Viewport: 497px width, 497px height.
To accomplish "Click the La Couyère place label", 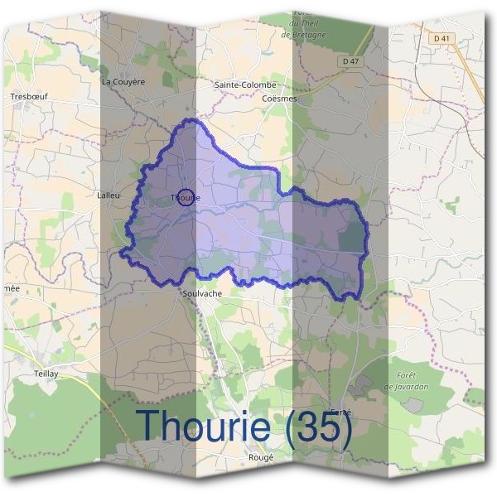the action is [x=123, y=82].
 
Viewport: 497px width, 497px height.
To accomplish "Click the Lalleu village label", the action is [x=109, y=195].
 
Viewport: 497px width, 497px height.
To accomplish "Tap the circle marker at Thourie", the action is [x=186, y=197].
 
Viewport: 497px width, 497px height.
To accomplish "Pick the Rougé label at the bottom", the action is [x=260, y=457].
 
